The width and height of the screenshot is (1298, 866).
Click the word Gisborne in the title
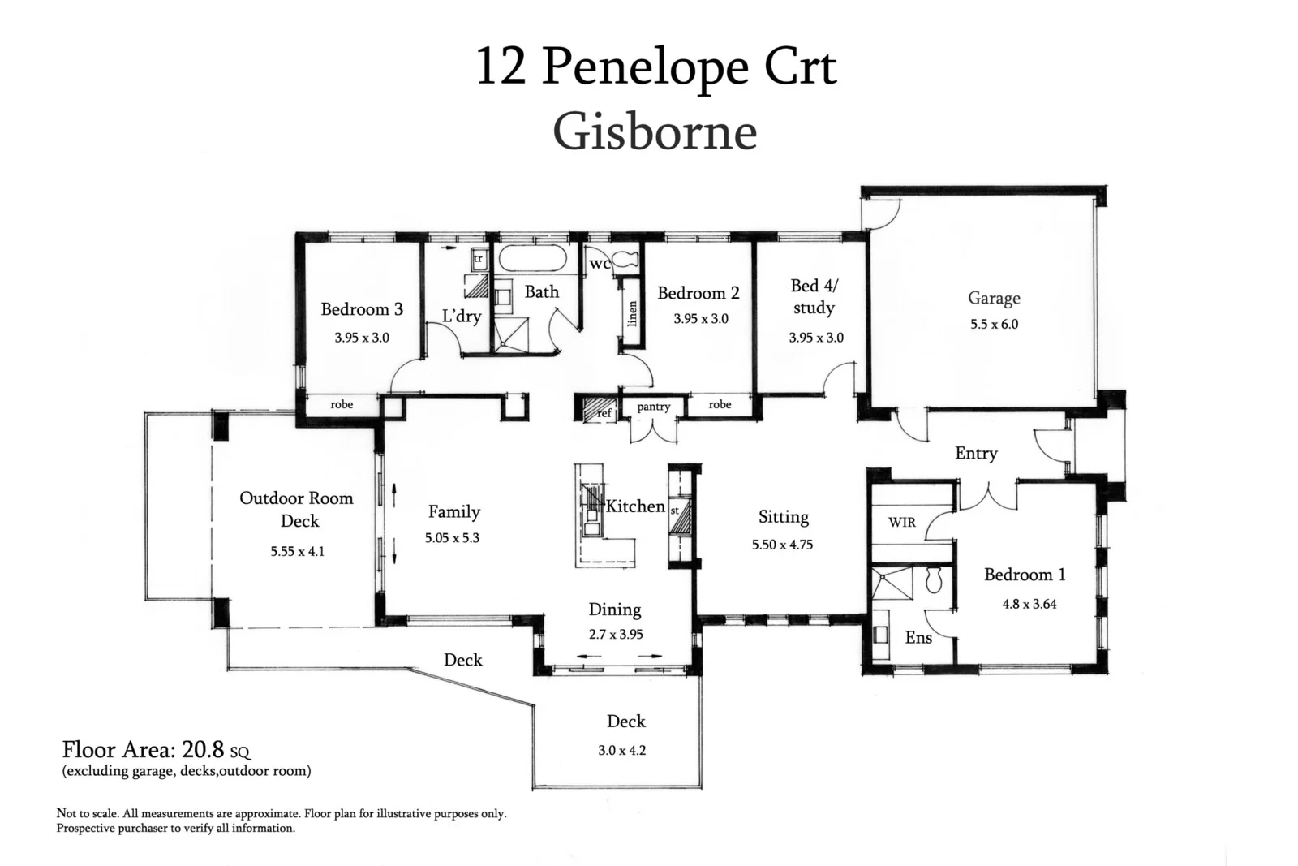pos(655,131)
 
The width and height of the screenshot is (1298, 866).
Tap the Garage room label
pos(994,298)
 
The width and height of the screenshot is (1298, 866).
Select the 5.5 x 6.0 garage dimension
pos(994,324)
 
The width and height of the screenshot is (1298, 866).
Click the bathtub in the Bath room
pos(532,259)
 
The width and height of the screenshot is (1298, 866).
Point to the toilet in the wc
pos(625,261)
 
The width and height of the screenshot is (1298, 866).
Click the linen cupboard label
pos(633,313)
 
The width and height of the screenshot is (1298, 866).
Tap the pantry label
pos(653,407)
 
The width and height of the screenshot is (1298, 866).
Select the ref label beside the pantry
pos(604,413)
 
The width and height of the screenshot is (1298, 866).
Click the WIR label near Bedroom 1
pos(901,522)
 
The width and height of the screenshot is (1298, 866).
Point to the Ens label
pos(918,638)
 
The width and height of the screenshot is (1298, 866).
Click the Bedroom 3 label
pos(362,309)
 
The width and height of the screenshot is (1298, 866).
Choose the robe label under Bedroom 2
pos(720,404)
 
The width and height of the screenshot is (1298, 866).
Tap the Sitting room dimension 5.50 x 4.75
pos(782,545)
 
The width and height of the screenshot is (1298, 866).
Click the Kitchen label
pos(635,506)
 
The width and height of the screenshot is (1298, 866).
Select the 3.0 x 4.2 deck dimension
pos(622,751)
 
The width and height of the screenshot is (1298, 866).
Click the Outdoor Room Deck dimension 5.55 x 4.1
pos(298,551)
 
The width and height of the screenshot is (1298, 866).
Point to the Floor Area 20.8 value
pos(203,749)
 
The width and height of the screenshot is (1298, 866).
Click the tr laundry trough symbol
pos(478,258)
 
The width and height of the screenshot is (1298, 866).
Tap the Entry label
pos(976,454)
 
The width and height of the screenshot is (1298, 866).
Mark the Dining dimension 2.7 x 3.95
pos(615,635)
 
